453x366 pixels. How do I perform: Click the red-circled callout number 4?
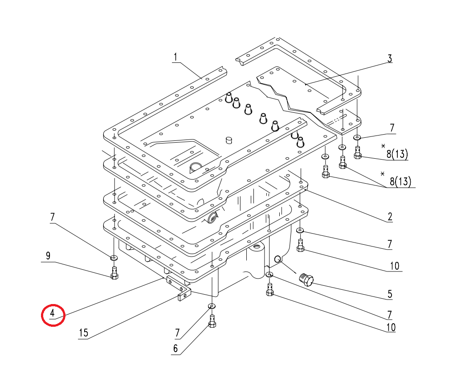(x=52, y=313)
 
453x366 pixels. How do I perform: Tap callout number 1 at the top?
(x=175, y=57)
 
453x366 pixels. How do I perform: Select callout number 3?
(x=390, y=58)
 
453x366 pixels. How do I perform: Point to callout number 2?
(x=390, y=217)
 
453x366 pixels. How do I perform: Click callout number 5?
(x=390, y=294)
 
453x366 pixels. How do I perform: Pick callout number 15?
(x=83, y=333)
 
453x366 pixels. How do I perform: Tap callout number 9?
(x=48, y=255)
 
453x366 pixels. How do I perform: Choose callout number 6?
(x=175, y=349)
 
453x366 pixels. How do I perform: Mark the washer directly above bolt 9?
(x=114, y=257)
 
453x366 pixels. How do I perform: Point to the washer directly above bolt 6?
(x=212, y=306)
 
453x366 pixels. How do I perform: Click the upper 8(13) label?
(x=397, y=154)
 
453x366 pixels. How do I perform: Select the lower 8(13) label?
(x=400, y=181)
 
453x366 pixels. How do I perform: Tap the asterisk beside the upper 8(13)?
(x=384, y=146)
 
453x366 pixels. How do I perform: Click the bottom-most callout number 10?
(x=391, y=327)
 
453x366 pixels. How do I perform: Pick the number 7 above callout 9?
(x=52, y=217)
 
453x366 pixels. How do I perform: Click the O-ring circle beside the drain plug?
(x=278, y=259)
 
